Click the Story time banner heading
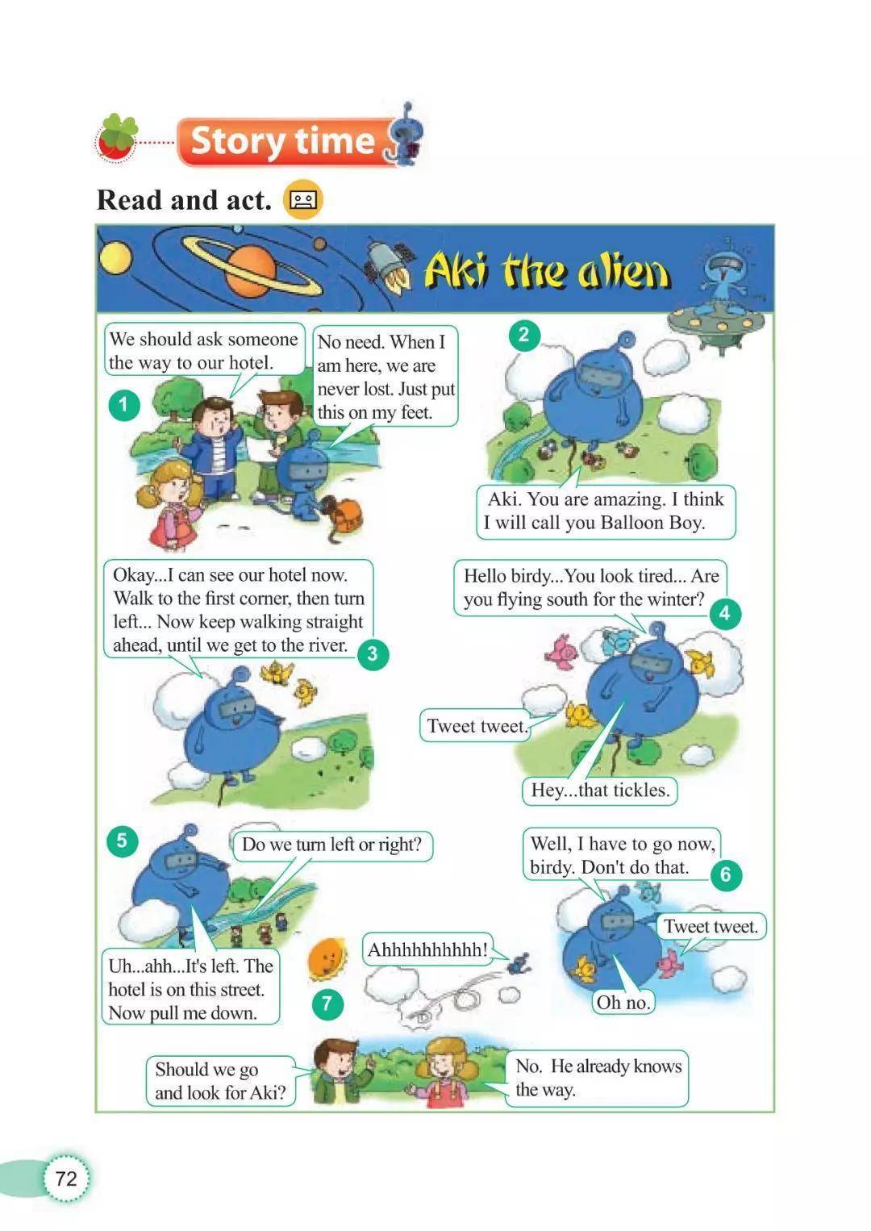[283, 141]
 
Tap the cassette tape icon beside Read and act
[302, 199]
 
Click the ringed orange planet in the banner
[250, 268]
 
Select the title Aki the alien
[546, 269]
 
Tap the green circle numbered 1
[123, 405]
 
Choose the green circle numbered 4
[725, 613]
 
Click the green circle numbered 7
[327, 1004]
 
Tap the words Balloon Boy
[652, 522]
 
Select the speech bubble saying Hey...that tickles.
[599, 791]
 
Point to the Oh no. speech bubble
[623, 1003]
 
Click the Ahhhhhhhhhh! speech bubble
[427, 949]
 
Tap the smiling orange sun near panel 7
[327, 960]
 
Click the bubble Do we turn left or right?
[332, 845]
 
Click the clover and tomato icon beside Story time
[116, 139]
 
